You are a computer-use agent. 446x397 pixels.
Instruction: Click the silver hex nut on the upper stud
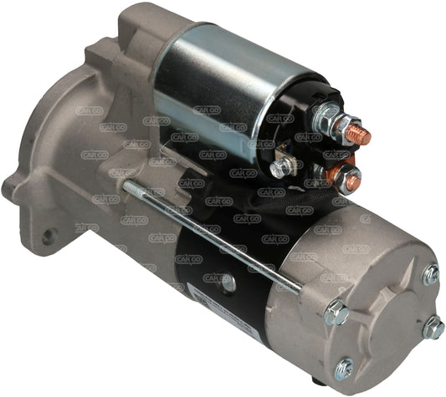point(342,127)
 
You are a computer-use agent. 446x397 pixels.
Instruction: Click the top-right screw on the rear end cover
point(430,273)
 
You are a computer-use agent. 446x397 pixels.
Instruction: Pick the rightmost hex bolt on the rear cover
point(433,328)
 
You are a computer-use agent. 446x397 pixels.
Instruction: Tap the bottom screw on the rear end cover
point(344,367)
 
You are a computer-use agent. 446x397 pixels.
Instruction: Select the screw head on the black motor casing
point(227,282)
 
